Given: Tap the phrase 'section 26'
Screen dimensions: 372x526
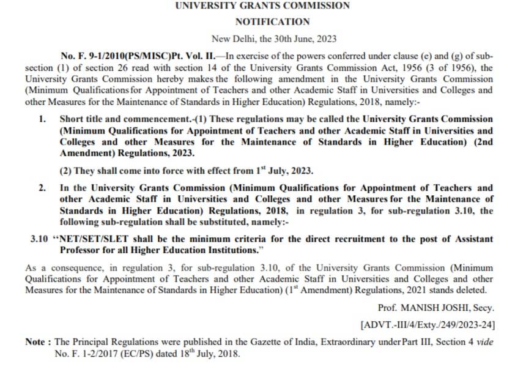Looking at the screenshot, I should pos(108,67).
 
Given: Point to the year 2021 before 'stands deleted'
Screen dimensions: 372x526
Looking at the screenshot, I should pos(415,289).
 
